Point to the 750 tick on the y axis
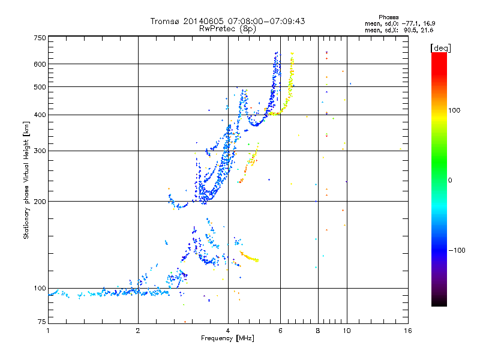click(x=40, y=38)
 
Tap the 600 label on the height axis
click(x=40, y=64)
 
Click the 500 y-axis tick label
click(x=40, y=87)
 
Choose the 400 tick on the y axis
click(x=40, y=115)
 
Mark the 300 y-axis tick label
click(x=40, y=151)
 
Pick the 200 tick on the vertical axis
click(x=40, y=201)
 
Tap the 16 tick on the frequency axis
click(x=407, y=330)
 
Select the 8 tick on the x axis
click(x=318, y=330)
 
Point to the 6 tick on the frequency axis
click(x=280, y=330)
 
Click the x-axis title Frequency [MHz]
click(x=227, y=339)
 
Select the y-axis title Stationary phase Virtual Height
click(x=26, y=180)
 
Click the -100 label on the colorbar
click(x=459, y=250)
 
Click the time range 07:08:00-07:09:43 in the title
click(x=262, y=21)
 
